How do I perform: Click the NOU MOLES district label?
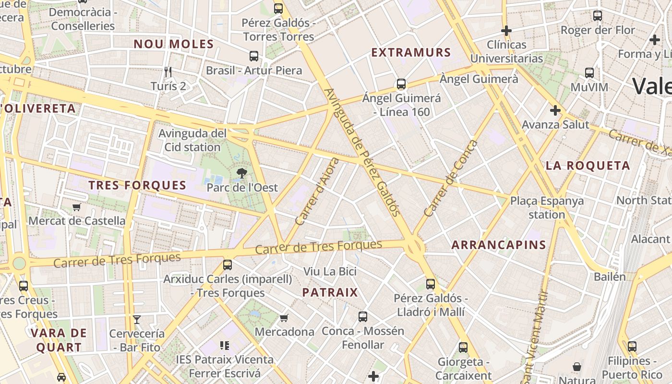(173, 44)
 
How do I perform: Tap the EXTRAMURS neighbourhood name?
(411, 52)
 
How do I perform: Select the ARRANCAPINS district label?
(499, 245)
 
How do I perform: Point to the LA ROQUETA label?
(588, 166)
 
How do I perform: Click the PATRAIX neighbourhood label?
(330, 292)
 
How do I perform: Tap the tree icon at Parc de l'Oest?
(242, 173)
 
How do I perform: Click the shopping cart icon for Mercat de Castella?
(76, 207)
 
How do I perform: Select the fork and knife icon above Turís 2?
(168, 72)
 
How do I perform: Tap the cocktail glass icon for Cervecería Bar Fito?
(137, 319)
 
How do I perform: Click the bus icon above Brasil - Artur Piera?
(254, 56)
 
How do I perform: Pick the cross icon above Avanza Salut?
(555, 111)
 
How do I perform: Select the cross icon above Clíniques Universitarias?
(506, 31)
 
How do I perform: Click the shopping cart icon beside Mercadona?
(284, 318)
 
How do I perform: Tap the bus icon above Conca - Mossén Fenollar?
(363, 317)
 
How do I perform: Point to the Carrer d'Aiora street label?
(317, 192)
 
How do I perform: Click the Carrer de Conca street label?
(451, 178)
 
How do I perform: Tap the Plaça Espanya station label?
(547, 207)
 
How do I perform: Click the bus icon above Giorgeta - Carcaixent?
(463, 348)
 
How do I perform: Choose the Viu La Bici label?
(330, 271)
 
